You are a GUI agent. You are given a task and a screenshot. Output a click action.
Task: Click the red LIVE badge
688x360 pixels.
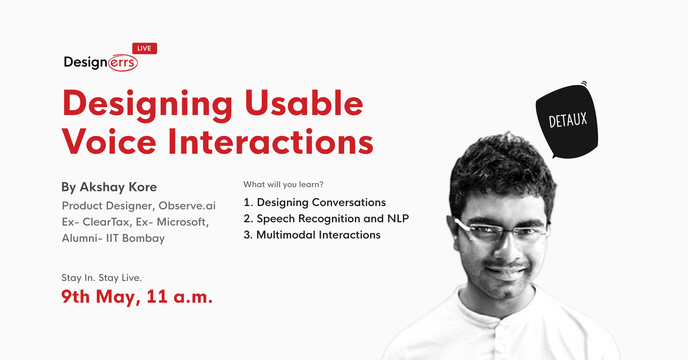point(144,48)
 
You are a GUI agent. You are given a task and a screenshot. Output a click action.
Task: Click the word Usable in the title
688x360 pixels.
point(304,103)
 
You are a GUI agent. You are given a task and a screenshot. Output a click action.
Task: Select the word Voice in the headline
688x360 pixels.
point(109,142)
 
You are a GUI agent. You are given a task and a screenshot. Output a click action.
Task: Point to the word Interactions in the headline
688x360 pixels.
point(270,142)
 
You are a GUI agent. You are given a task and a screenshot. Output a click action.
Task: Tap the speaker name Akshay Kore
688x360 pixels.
point(118,187)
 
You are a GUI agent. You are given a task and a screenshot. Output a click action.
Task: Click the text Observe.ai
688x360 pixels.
point(187,206)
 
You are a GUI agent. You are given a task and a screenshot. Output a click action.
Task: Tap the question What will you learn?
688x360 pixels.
point(283,184)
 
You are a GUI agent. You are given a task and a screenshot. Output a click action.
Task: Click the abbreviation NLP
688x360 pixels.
point(398,218)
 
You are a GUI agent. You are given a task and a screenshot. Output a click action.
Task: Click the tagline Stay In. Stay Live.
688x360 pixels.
point(102,278)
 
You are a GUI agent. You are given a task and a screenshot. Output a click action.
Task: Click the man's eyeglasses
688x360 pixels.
point(499,230)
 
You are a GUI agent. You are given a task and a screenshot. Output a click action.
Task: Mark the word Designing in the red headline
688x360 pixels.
point(148,106)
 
